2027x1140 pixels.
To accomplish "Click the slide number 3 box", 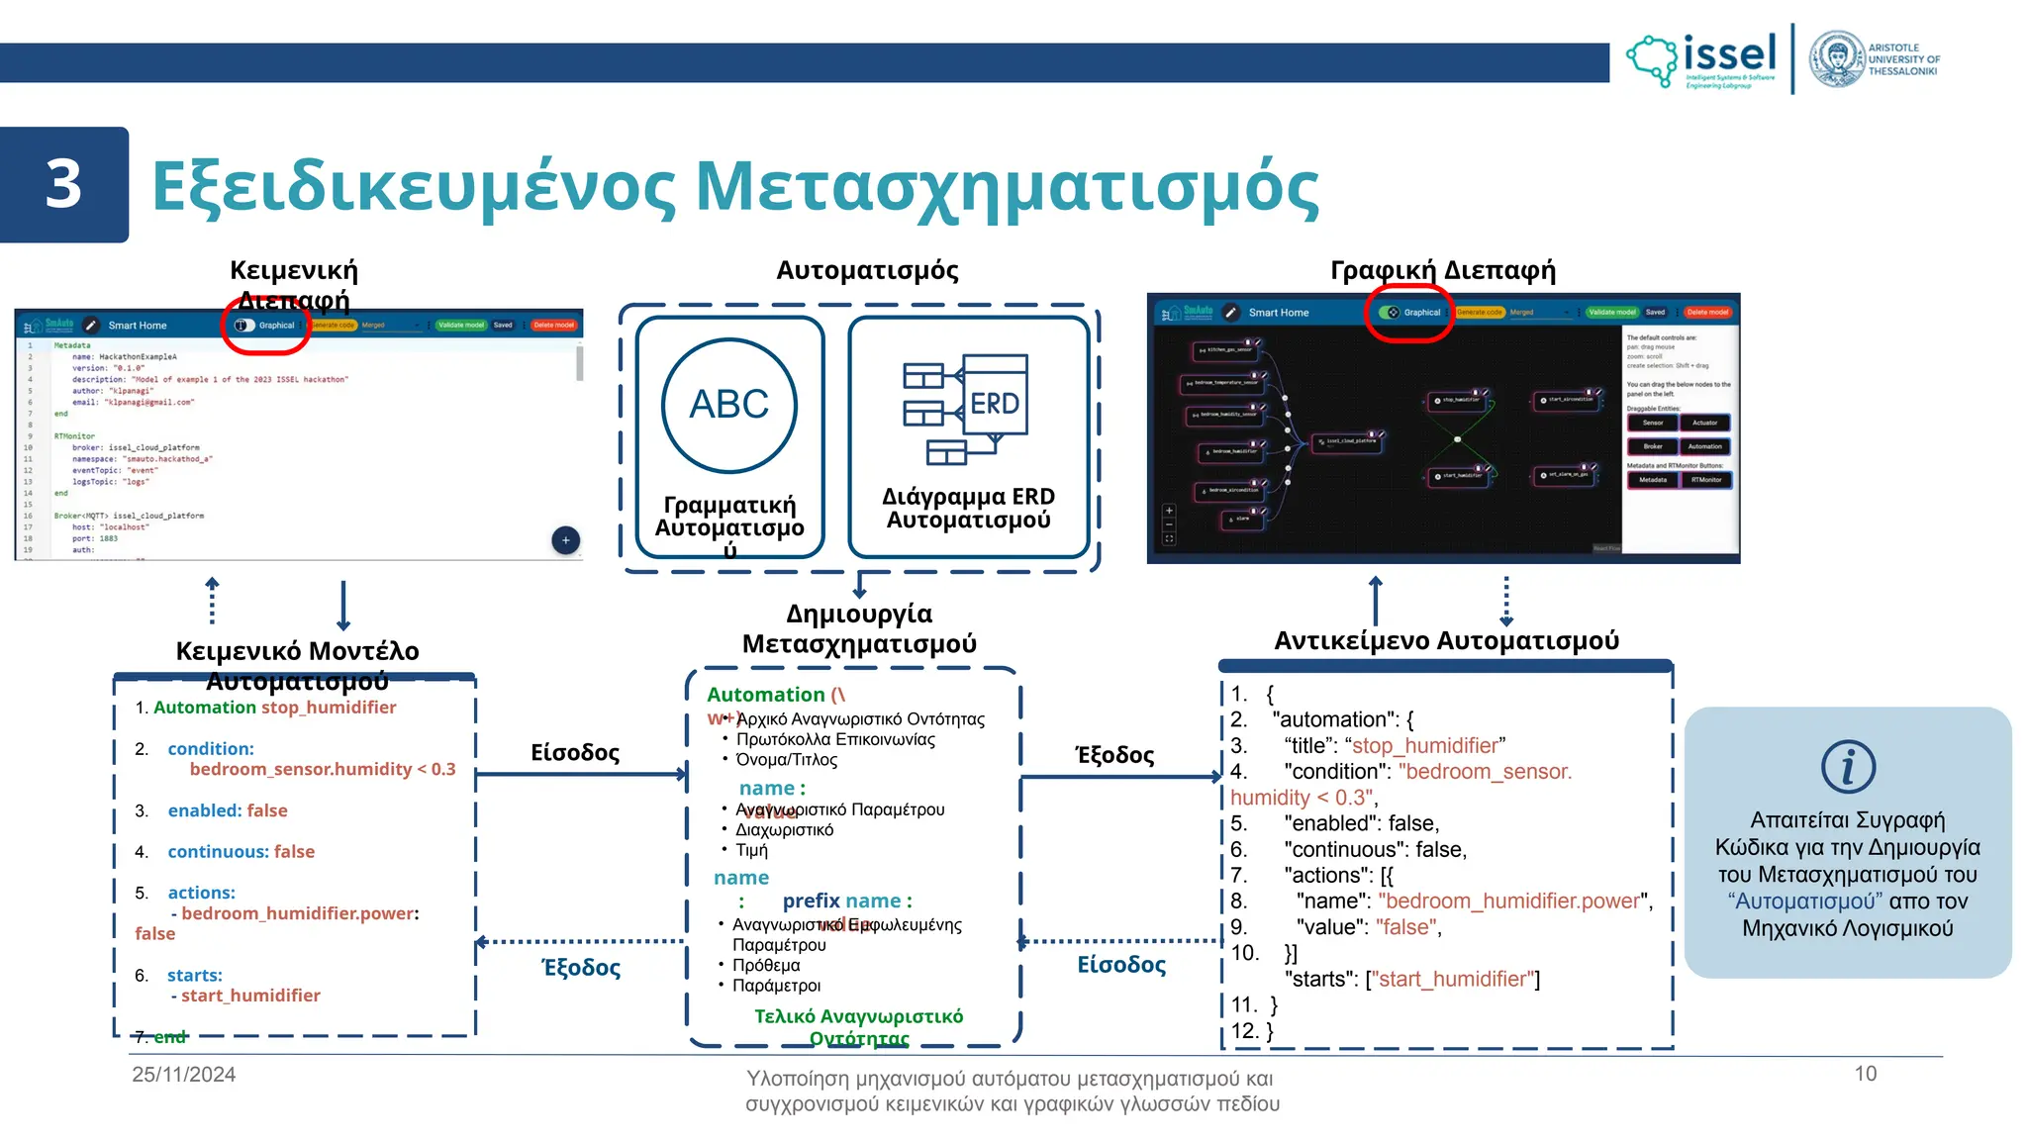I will pos(63,185).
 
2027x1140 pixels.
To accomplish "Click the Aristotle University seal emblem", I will pos(1837,59).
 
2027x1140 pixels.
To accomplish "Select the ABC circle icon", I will pos(729,405).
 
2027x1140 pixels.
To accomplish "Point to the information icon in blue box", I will pos(1848,767).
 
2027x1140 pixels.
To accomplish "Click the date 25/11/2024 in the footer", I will pos(184,1075).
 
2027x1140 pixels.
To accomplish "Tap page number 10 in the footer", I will pos(1865,1074).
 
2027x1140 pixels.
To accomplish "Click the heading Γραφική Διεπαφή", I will pos(1442,270).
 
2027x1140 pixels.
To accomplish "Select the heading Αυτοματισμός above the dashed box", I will pos(867,270).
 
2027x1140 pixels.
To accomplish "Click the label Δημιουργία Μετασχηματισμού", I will pos(859,628).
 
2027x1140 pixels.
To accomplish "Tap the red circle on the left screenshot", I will pos(265,325).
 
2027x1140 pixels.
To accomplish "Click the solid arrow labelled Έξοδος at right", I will pos(1121,777).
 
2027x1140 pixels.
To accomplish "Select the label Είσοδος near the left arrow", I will pos(575,753).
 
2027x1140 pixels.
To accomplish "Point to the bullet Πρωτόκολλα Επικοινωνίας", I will pos(835,739).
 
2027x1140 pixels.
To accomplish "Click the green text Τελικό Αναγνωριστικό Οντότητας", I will pos(858,1027).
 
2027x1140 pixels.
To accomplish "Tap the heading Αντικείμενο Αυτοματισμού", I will pos(1446,641).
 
